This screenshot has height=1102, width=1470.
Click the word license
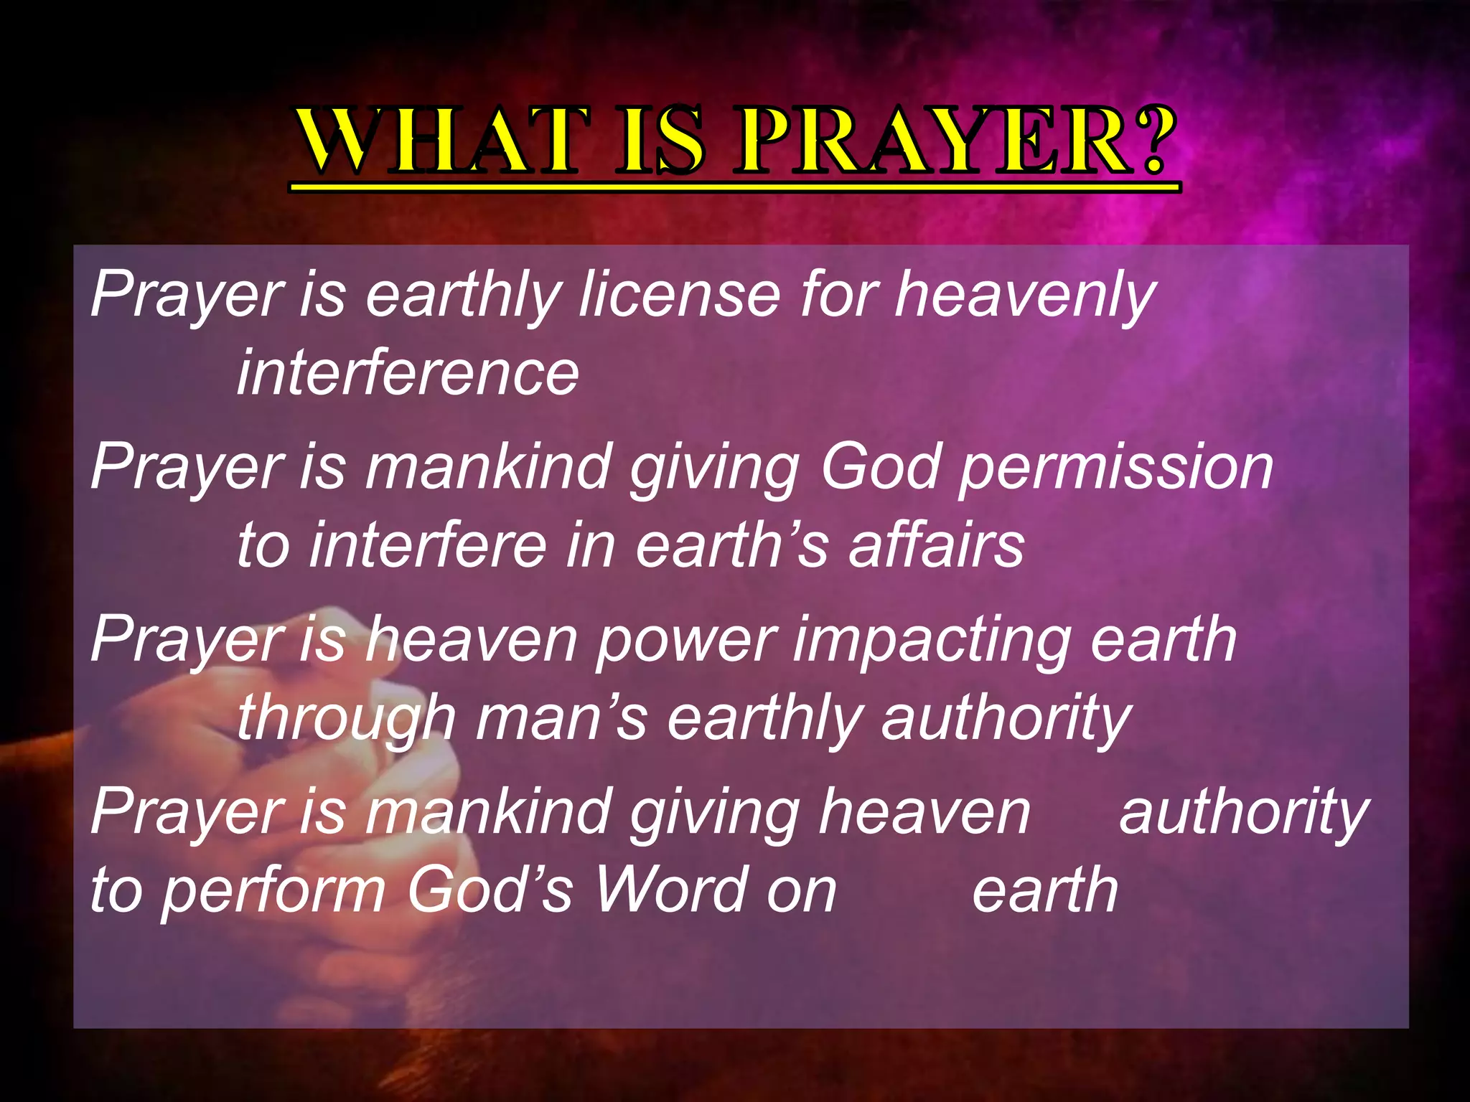tap(679, 294)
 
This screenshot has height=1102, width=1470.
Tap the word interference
tap(408, 372)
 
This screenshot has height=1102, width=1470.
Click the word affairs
tap(936, 545)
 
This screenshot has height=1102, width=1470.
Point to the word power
tap(685, 641)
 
